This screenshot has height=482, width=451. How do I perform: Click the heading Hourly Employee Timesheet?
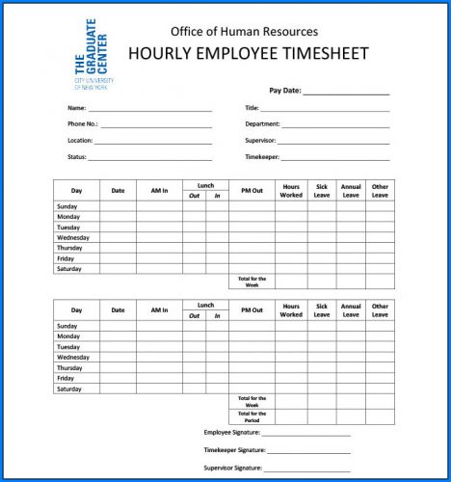(244, 53)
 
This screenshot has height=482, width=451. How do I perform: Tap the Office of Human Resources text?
(244, 32)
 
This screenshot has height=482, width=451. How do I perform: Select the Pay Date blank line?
(346, 94)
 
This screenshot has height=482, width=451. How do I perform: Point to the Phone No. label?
(83, 124)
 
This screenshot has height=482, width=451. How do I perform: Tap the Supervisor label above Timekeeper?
(260, 140)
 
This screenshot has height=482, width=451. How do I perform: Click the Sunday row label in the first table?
(67, 206)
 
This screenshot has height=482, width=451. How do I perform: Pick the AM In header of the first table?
(159, 191)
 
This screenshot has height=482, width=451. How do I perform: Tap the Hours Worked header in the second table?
(291, 310)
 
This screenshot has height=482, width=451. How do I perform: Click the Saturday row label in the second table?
(68, 389)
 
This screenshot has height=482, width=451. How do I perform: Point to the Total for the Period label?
(252, 416)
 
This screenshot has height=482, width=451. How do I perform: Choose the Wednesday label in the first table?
(73, 237)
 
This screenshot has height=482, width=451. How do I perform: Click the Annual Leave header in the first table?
(351, 191)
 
